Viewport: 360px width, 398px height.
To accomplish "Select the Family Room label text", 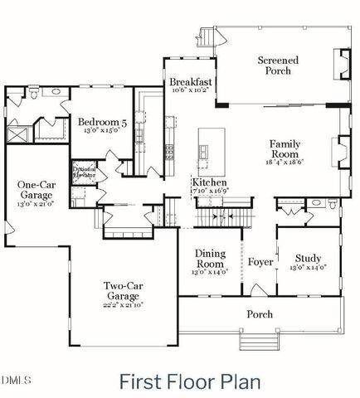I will (x=285, y=149).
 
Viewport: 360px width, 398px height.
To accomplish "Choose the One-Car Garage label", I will (x=36, y=192).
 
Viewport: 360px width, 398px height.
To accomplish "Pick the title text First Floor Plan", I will (x=190, y=381).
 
